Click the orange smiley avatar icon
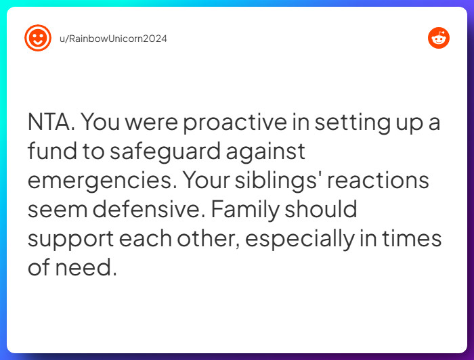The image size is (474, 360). point(37,38)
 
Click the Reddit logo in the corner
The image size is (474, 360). point(439,38)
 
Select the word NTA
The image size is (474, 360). point(52,122)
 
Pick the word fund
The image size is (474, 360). point(51,152)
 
